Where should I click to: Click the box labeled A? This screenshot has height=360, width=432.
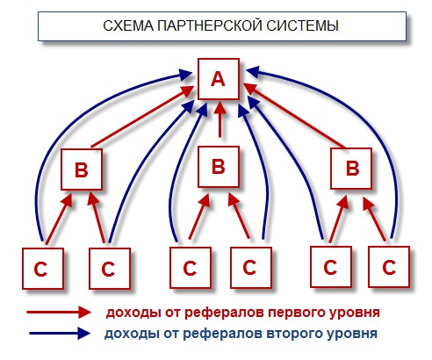(219, 79)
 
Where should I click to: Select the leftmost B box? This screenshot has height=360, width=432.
(82, 169)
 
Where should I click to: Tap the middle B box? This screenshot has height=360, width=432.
(219, 167)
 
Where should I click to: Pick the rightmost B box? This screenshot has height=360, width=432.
(351, 169)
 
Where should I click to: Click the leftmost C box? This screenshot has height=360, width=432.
(43, 269)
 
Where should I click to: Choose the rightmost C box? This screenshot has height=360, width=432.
(389, 267)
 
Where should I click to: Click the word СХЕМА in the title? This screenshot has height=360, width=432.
(128, 25)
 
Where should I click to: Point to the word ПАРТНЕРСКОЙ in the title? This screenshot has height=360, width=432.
(210, 25)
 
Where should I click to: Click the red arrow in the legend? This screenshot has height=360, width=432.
(59, 312)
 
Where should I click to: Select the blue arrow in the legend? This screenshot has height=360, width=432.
(60, 333)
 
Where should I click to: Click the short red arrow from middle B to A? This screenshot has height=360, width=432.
(220, 119)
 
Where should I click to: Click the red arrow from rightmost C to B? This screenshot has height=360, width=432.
(375, 220)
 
